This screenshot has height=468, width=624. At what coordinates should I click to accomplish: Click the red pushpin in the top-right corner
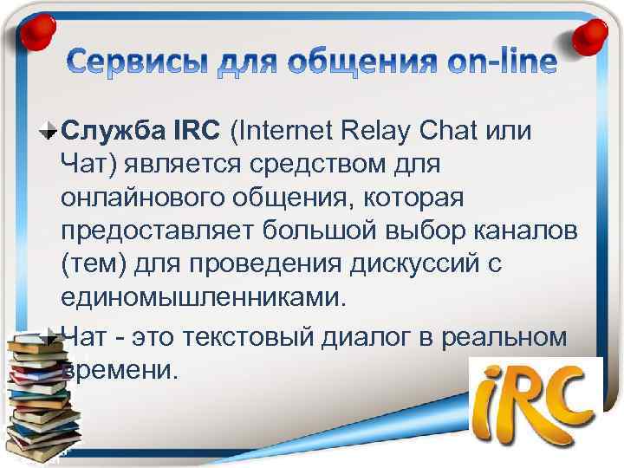[591, 33]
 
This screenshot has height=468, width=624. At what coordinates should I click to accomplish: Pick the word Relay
[374, 131]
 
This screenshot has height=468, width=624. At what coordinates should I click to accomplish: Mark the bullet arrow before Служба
[49, 132]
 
